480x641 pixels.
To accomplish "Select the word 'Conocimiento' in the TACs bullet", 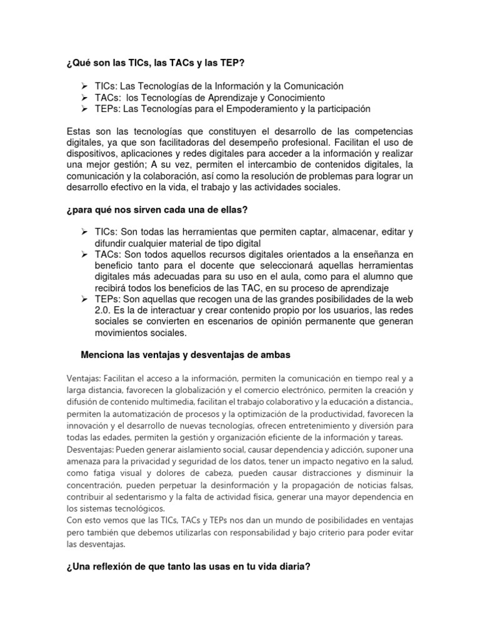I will [295, 98].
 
